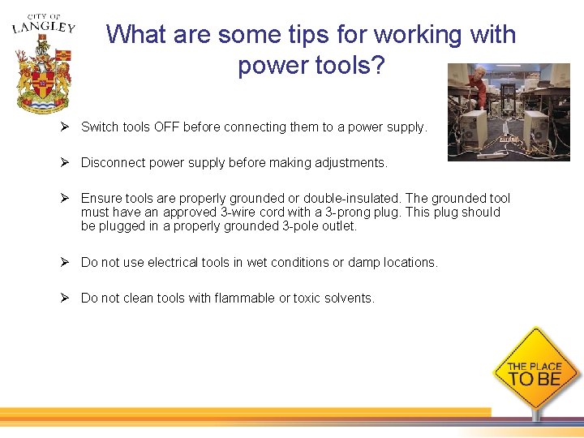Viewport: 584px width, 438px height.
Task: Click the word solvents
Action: click(350, 298)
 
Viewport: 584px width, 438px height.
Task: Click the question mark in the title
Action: click(376, 65)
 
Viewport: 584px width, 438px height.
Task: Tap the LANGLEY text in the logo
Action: click(44, 28)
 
